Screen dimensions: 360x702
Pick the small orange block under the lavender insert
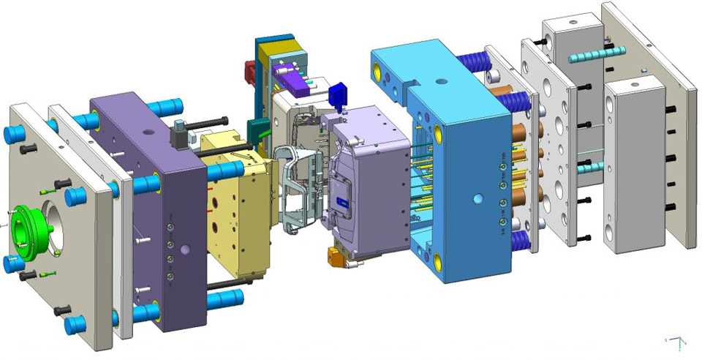(336, 255)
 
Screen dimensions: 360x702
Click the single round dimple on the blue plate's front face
(478, 198)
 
